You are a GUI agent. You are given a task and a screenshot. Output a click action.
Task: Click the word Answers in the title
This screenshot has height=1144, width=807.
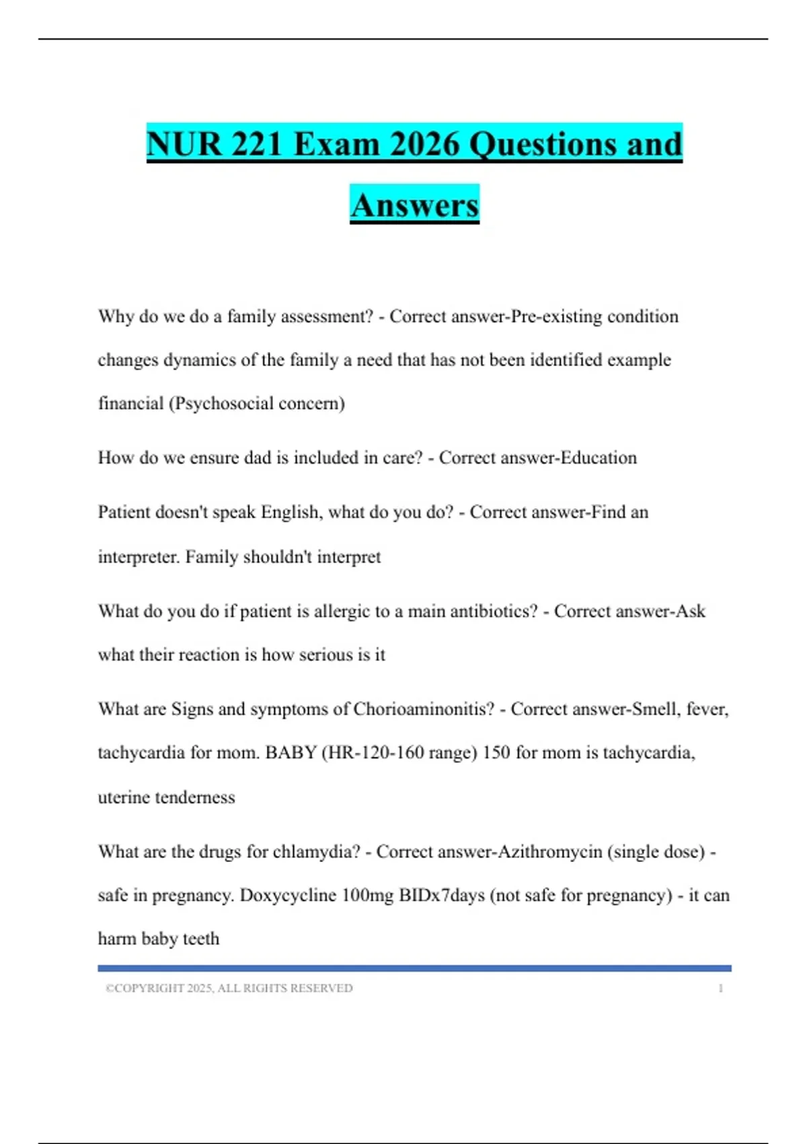point(414,205)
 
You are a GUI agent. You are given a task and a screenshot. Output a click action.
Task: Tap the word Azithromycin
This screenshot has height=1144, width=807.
point(549,851)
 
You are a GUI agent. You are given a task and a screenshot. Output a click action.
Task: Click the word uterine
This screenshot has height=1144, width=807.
point(124,797)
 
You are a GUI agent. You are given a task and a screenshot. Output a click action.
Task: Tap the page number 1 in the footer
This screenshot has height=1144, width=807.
point(720,988)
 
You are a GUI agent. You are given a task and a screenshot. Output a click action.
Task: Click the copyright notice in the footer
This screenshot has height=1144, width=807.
point(229,988)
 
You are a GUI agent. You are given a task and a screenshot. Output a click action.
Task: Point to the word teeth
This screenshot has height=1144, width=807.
point(200,939)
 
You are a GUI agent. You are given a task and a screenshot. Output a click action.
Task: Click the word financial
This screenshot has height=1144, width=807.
point(130,403)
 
